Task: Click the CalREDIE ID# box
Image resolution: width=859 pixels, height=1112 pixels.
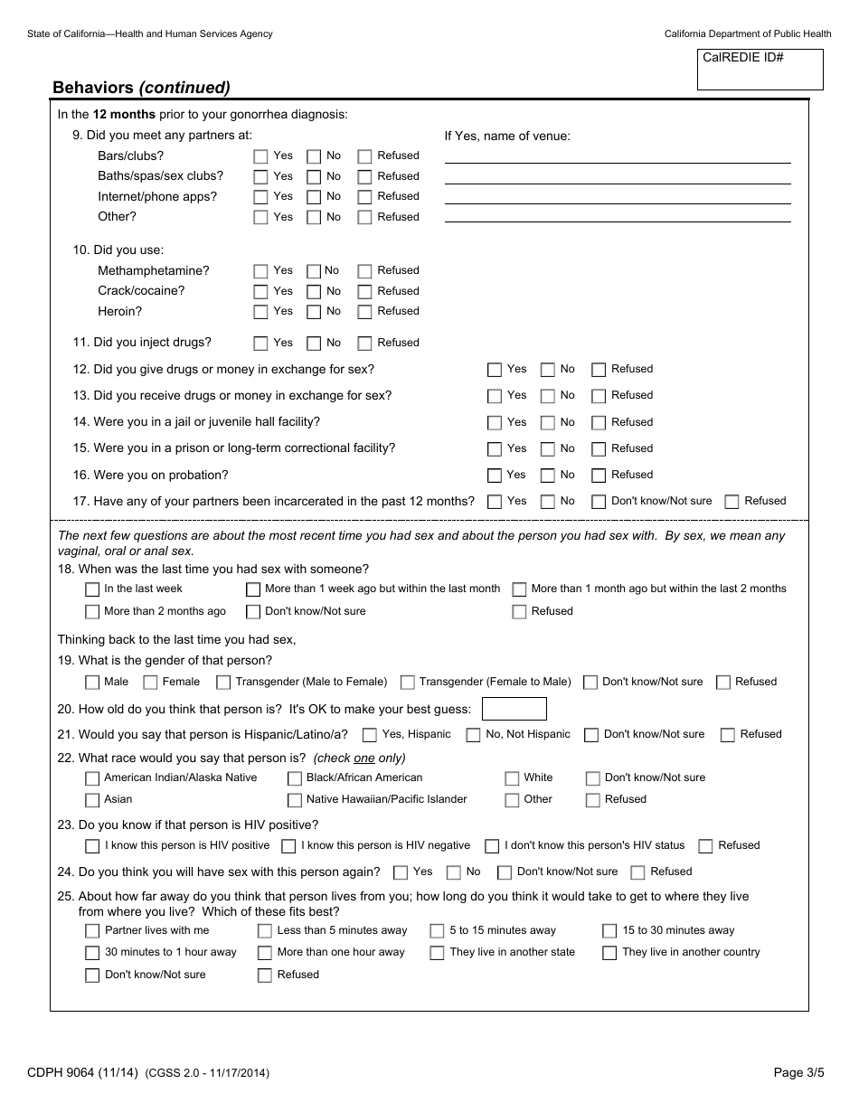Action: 760,70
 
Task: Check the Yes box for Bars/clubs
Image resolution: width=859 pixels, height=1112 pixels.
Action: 260,155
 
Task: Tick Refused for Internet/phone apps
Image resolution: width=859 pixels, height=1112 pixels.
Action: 364,197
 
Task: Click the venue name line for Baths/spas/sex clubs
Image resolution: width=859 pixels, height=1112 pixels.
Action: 618,176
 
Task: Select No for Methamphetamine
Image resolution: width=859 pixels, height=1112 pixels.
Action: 314,271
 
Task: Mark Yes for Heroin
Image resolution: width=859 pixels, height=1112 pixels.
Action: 260,312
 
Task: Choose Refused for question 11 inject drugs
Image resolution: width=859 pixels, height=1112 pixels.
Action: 364,344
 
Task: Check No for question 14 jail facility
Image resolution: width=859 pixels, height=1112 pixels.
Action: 547,422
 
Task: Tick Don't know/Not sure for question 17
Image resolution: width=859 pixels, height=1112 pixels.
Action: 599,502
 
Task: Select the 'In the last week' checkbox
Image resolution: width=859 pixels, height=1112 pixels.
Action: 92,589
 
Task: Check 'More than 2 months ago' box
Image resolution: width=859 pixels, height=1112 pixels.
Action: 92,612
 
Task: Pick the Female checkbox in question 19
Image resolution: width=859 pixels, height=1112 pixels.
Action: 150,683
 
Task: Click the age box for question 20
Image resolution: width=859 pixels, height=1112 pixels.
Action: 514,709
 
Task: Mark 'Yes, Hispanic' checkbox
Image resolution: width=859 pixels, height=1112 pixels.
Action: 370,735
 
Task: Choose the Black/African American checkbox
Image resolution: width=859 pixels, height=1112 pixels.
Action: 295,778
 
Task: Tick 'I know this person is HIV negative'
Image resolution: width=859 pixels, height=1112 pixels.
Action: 288,846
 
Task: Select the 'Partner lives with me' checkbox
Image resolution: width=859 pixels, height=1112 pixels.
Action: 92,931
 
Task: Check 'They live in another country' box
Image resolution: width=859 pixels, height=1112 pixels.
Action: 609,953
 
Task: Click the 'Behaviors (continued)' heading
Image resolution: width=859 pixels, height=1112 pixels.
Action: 141,88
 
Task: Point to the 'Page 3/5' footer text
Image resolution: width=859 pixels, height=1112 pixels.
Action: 798,1073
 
